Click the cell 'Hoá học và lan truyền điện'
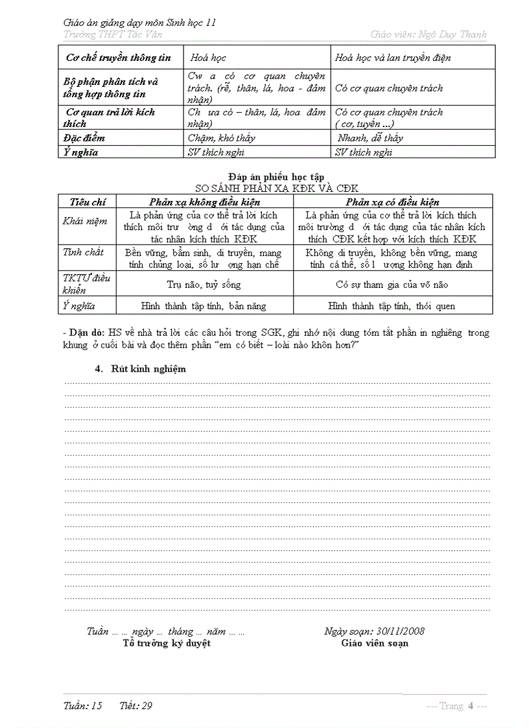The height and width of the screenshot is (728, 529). (x=393, y=58)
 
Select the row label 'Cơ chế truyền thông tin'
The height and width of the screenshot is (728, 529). (x=119, y=58)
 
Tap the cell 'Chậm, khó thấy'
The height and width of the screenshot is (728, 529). (x=222, y=138)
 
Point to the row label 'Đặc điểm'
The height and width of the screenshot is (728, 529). (x=84, y=138)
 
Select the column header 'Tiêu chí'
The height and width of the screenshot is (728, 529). (x=88, y=202)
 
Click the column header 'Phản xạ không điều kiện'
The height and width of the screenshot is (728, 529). (x=204, y=202)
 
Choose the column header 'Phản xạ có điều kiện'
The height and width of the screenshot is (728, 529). (x=392, y=202)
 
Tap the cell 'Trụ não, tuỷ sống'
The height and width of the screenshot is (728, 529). (x=204, y=285)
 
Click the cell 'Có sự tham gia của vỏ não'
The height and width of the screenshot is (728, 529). (x=392, y=285)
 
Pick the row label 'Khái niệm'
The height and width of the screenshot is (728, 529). (x=85, y=221)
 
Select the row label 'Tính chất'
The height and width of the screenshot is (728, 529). (x=83, y=252)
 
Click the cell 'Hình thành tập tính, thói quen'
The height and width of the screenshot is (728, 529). (x=392, y=306)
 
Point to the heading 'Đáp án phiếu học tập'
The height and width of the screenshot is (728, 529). (x=272, y=177)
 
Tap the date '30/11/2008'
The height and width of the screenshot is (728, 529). (x=400, y=631)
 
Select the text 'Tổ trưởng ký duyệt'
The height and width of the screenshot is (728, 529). (x=167, y=643)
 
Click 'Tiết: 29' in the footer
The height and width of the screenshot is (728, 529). (x=136, y=706)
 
